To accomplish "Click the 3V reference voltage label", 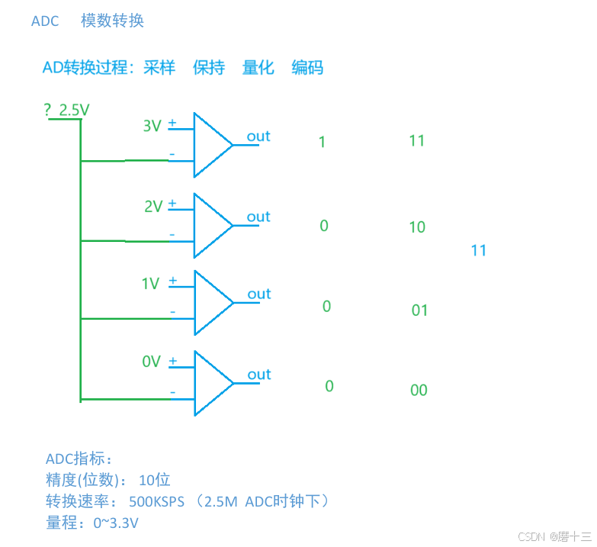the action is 152,126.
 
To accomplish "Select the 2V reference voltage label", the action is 152,206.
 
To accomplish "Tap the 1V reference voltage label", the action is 150,284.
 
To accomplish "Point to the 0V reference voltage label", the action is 151,362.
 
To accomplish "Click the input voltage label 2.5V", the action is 74,110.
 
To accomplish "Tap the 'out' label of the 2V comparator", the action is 258,217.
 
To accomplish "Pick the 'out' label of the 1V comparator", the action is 259,294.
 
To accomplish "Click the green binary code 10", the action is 417,227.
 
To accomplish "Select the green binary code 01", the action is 419,311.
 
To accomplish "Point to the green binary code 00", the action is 419,391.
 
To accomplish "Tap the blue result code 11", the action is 479,250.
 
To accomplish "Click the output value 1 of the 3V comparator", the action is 322,142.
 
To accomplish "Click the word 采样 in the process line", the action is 159,68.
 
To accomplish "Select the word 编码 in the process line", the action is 307,68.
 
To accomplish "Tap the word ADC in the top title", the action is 45,21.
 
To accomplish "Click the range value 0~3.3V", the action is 116,523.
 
